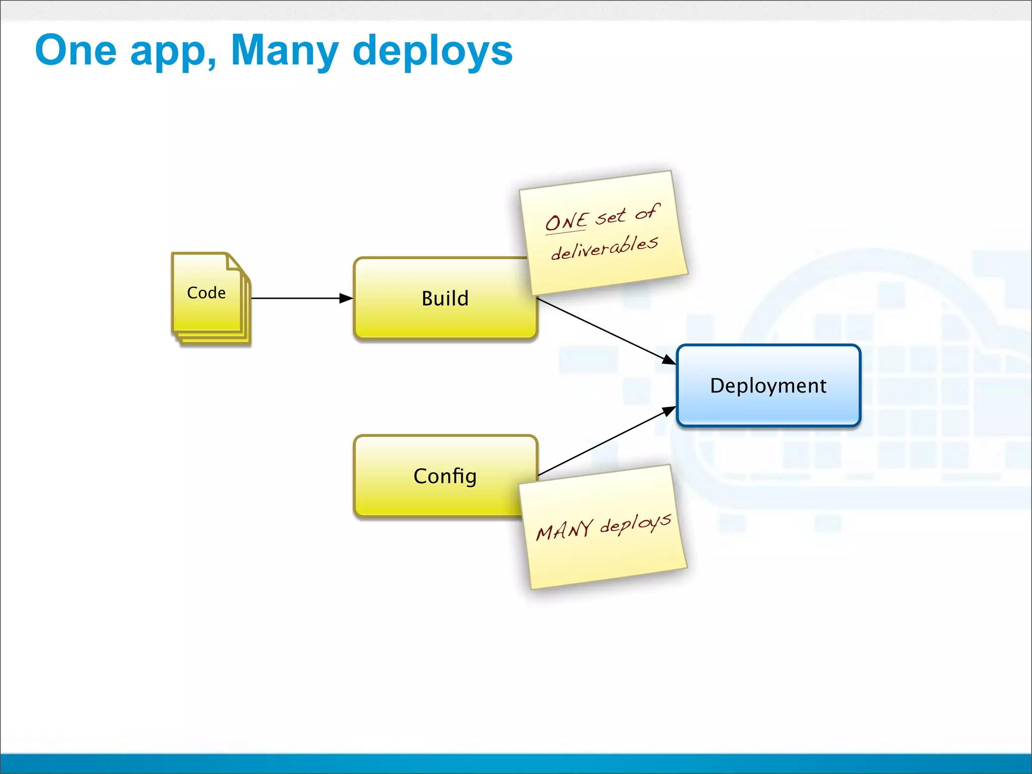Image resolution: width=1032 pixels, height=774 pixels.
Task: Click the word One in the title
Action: coord(76,50)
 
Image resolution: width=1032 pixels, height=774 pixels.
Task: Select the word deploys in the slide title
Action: coord(432,52)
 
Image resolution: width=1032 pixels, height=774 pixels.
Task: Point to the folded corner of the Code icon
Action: coord(234,263)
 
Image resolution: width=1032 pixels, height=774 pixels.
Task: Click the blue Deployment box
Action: coord(768,385)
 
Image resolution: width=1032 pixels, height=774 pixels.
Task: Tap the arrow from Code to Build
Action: coord(297,298)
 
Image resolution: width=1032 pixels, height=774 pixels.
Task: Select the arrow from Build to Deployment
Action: coord(605,330)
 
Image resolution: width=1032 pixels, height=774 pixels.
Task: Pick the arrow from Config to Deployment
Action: coord(605,442)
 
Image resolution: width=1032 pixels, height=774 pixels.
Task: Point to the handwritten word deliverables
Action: coord(604,247)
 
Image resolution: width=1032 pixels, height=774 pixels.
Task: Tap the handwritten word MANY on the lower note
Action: coord(564,530)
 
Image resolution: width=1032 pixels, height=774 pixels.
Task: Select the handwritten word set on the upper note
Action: coord(610,217)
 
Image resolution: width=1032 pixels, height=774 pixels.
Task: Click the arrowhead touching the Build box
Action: coord(346,298)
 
